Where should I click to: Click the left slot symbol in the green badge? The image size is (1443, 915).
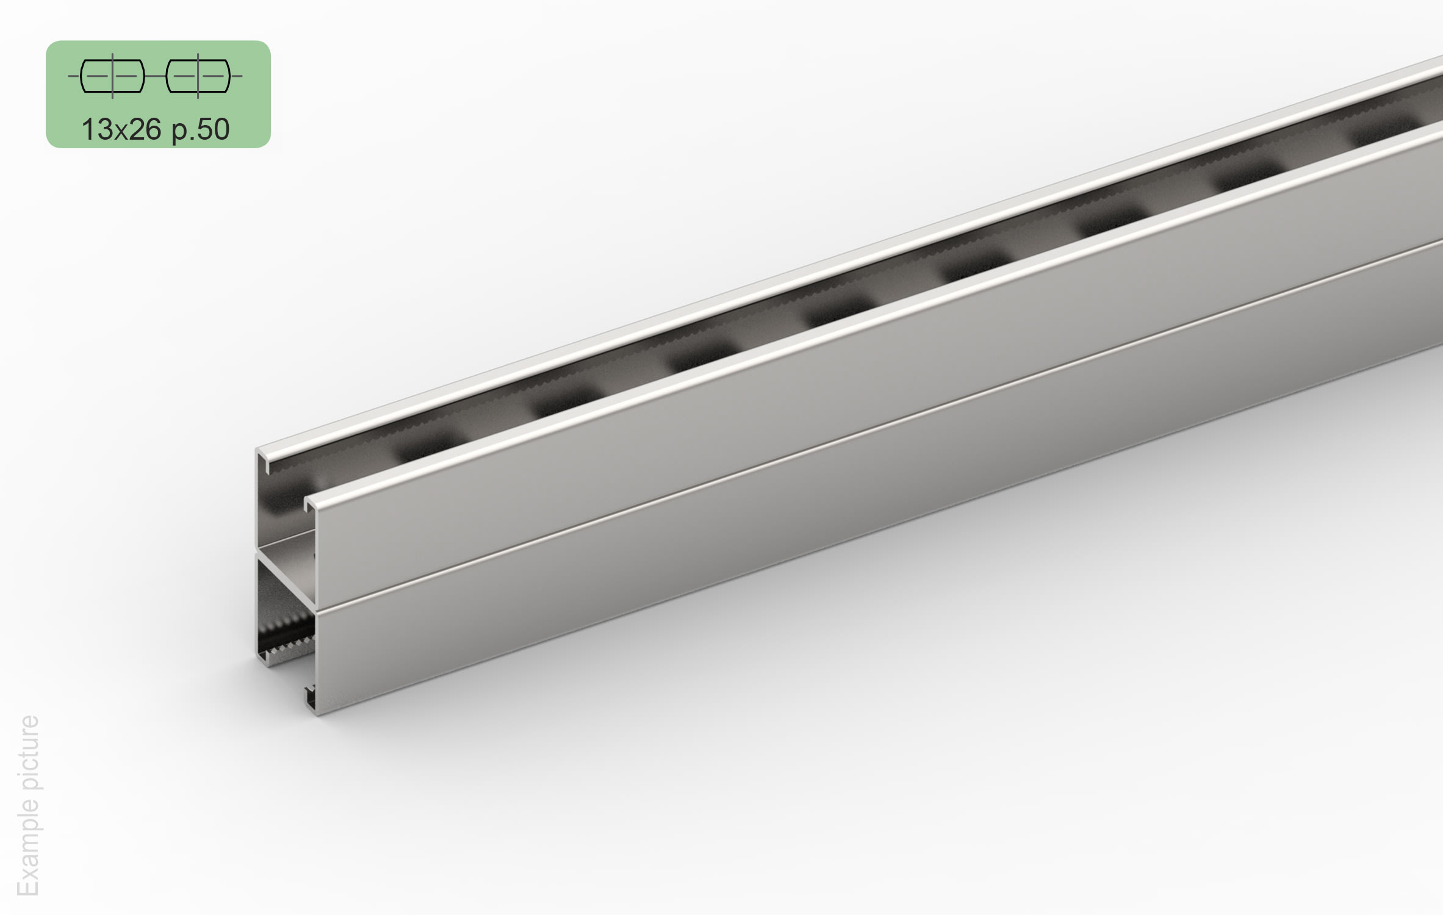(113, 76)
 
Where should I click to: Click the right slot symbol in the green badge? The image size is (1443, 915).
(198, 76)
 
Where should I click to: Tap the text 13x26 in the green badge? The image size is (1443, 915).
(121, 129)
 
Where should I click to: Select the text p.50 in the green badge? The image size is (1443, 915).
(200, 129)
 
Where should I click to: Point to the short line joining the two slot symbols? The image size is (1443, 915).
(156, 76)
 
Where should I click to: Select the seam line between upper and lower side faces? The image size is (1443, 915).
(854, 426)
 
